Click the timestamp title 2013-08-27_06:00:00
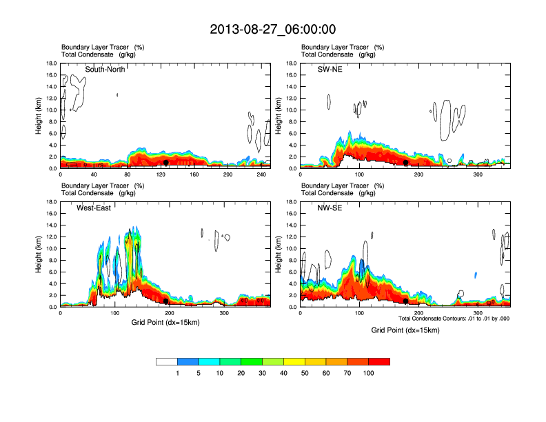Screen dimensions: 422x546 point(272,30)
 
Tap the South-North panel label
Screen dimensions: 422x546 point(105,69)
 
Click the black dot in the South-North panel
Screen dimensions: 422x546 point(165,163)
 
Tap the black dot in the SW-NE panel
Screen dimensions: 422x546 point(406,163)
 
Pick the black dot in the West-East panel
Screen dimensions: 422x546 point(165,301)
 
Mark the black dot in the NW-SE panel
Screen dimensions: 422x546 point(406,301)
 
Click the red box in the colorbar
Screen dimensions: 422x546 point(379,361)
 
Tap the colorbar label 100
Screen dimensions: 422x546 point(369,373)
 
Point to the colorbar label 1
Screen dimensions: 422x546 point(177,373)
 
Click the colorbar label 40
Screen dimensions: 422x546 point(283,373)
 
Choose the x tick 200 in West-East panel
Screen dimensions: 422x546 point(169,314)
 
